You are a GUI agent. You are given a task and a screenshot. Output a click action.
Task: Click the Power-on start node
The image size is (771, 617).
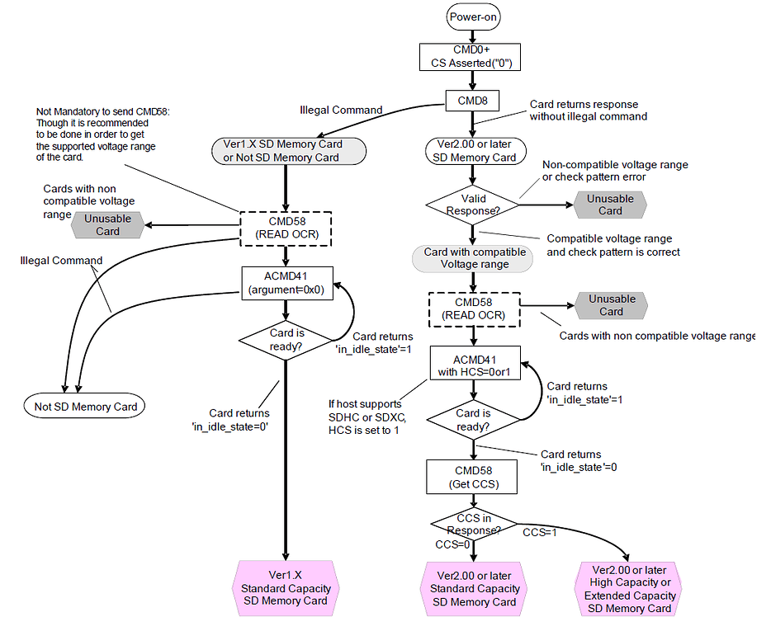pyautogui.click(x=473, y=16)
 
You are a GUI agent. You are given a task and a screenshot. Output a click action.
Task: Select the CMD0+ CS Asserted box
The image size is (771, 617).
pyautogui.click(x=471, y=56)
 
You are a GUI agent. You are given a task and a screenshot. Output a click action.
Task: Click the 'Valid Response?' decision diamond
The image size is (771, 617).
pyautogui.click(x=471, y=205)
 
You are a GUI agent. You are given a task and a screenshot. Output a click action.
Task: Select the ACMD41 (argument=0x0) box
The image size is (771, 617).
pyautogui.click(x=285, y=283)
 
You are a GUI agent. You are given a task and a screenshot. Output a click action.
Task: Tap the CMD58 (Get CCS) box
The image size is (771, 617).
pyautogui.click(x=473, y=478)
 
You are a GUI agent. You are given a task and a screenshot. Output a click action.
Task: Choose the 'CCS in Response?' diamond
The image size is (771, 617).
pyautogui.click(x=473, y=523)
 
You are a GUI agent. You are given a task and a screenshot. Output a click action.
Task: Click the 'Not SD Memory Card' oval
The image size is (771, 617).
pyautogui.click(x=86, y=406)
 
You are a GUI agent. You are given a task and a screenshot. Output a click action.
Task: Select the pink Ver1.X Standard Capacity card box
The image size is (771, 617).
pyautogui.click(x=286, y=588)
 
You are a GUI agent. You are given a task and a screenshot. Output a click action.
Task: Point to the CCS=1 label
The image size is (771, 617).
pyautogui.click(x=540, y=533)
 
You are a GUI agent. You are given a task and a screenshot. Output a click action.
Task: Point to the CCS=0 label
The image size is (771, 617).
pyautogui.click(x=452, y=544)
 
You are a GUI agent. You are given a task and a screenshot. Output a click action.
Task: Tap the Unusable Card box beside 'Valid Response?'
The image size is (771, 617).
pyautogui.click(x=610, y=205)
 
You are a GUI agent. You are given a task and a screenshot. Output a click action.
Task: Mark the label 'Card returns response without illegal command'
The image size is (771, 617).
pyautogui.click(x=588, y=111)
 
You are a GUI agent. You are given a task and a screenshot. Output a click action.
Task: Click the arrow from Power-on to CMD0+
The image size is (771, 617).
pyautogui.click(x=472, y=34)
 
